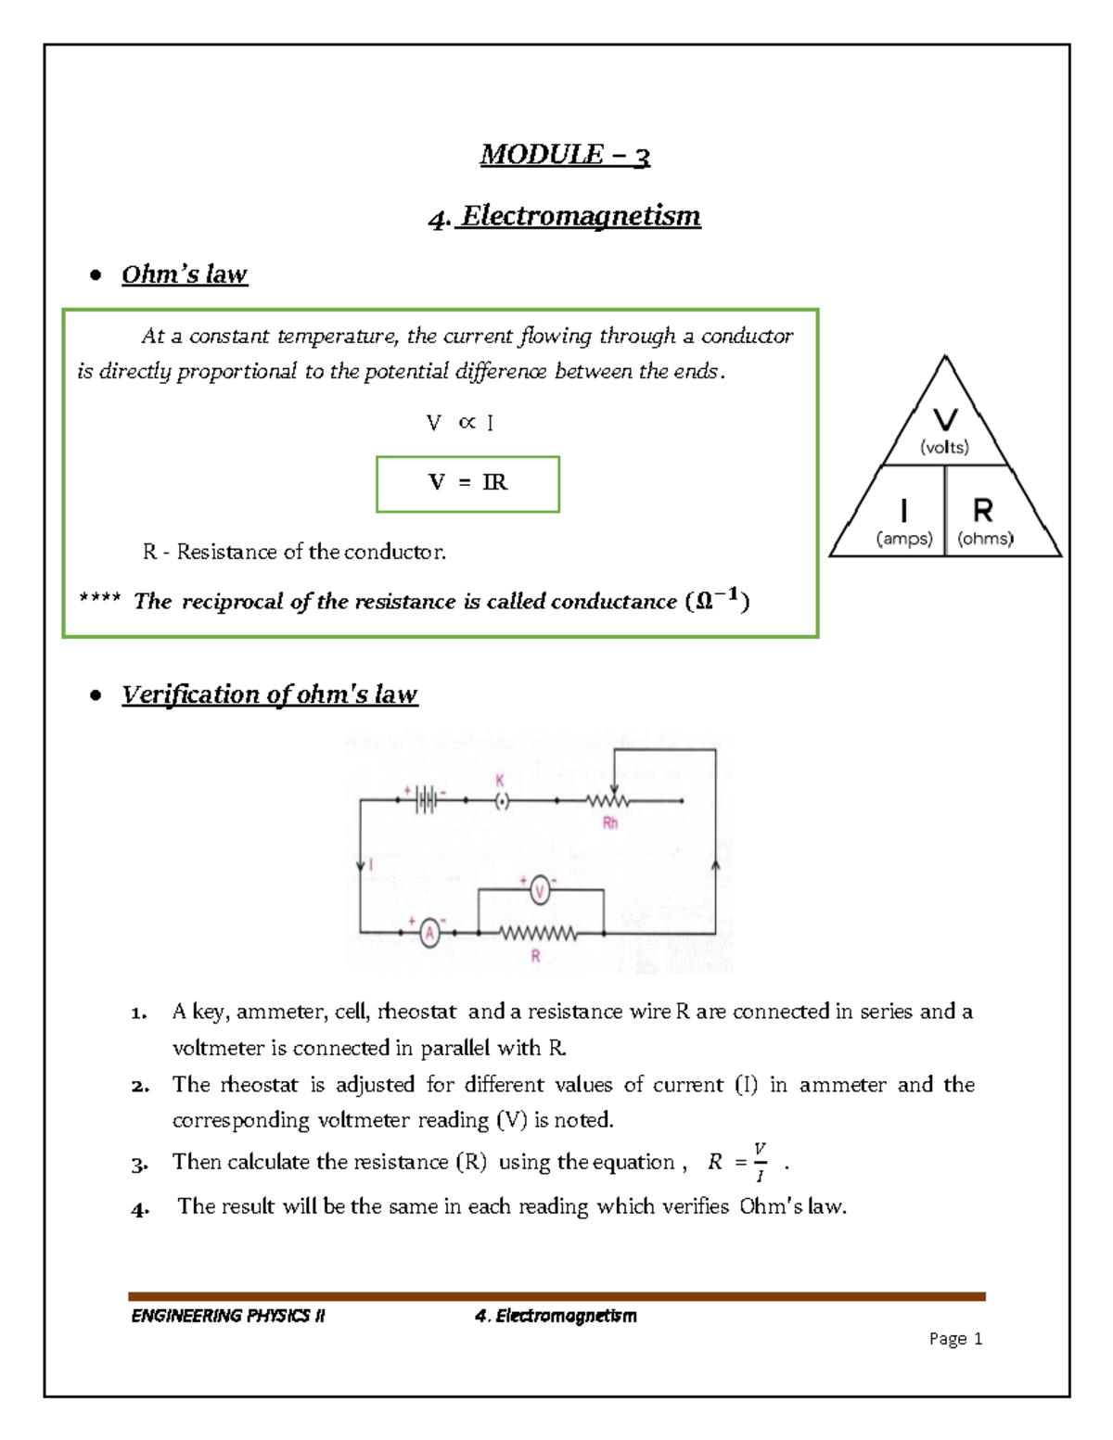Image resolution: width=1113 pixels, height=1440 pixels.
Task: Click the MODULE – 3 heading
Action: pyautogui.click(x=565, y=154)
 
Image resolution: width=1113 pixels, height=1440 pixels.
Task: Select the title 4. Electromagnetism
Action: pyautogui.click(x=564, y=216)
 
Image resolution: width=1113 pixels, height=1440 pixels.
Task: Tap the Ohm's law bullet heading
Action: pyautogui.click(x=184, y=274)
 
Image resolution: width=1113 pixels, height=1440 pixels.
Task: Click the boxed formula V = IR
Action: pyautogui.click(x=467, y=483)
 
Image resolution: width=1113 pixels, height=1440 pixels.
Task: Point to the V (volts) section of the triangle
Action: pyautogui.click(x=944, y=430)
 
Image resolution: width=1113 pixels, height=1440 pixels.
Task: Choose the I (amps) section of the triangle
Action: pyautogui.click(x=903, y=521)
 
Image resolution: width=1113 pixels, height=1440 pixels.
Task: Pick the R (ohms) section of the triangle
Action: pyautogui.click(x=984, y=521)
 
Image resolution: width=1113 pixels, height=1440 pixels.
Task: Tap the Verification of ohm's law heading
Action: pyautogui.click(x=269, y=695)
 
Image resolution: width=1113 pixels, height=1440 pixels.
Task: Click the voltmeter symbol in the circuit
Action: pyautogui.click(x=540, y=892)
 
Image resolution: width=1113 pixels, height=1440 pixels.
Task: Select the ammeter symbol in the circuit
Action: pyautogui.click(x=429, y=933)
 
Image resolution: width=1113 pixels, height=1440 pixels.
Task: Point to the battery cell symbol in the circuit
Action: pyautogui.click(x=426, y=799)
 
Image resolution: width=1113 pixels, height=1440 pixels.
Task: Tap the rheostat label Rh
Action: pyautogui.click(x=609, y=822)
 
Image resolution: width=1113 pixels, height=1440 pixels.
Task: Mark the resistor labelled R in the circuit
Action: pyautogui.click(x=538, y=934)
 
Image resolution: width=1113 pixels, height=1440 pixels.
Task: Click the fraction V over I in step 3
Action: pyautogui.click(x=760, y=1162)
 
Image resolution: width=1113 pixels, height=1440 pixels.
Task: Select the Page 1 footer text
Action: pyautogui.click(x=955, y=1338)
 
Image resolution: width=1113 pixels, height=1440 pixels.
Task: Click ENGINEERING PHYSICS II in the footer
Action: pyautogui.click(x=228, y=1316)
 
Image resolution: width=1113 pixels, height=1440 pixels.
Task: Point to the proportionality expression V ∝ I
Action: pyautogui.click(x=460, y=423)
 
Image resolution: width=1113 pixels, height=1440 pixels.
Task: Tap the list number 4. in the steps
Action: pyautogui.click(x=140, y=1208)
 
